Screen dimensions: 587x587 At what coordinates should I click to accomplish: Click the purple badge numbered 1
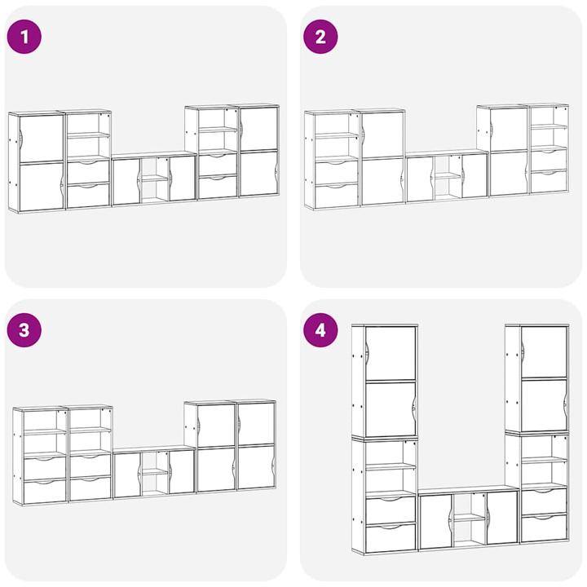(x=24, y=37)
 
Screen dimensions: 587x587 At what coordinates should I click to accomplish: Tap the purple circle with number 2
(x=320, y=37)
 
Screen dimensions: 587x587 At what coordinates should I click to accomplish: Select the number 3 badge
(x=24, y=330)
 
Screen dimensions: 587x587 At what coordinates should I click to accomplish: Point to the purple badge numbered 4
(x=320, y=330)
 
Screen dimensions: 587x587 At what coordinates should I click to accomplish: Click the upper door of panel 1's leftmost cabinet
(x=42, y=138)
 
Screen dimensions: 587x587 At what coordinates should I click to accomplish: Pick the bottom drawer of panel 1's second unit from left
(x=88, y=195)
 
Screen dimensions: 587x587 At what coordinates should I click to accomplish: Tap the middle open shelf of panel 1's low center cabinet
(x=155, y=179)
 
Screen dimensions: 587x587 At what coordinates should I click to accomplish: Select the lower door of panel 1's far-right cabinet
(x=258, y=174)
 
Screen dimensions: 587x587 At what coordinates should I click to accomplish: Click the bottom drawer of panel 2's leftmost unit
(x=336, y=196)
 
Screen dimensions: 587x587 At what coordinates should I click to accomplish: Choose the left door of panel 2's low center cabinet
(x=421, y=179)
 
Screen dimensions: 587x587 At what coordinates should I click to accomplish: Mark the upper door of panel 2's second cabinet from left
(x=383, y=135)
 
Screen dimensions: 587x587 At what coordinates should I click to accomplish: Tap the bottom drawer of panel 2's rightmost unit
(x=549, y=182)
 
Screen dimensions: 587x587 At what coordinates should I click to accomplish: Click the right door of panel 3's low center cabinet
(x=182, y=471)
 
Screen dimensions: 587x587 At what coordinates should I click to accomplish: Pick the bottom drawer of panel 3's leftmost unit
(x=45, y=492)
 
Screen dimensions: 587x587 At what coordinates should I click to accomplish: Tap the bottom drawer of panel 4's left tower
(x=391, y=538)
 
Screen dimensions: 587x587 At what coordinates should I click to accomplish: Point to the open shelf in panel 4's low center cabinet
(x=470, y=518)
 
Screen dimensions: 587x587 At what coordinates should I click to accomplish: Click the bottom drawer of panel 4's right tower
(x=544, y=527)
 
